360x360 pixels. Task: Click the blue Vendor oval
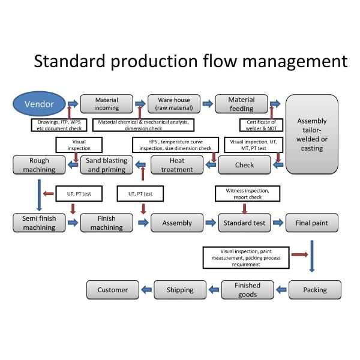coord(38,104)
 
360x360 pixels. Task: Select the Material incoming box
coord(106,104)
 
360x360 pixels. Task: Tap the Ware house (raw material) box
coord(174,104)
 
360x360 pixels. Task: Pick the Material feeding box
coord(241,104)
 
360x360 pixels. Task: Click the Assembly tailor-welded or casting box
coord(312,134)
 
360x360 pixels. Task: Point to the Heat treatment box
coord(177,165)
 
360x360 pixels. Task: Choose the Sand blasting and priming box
coord(106,165)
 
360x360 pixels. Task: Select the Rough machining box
coord(39,165)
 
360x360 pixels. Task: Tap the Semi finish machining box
coord(39,223)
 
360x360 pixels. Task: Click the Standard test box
coord(244,223)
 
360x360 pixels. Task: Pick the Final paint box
coord(312,223)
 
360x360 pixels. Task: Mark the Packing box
coord(315,290)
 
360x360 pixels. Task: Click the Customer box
coord(113,290)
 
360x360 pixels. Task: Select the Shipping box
coord(180,290)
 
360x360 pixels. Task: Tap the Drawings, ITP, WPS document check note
coord(58,125)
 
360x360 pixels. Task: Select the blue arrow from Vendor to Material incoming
coord(73,104)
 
